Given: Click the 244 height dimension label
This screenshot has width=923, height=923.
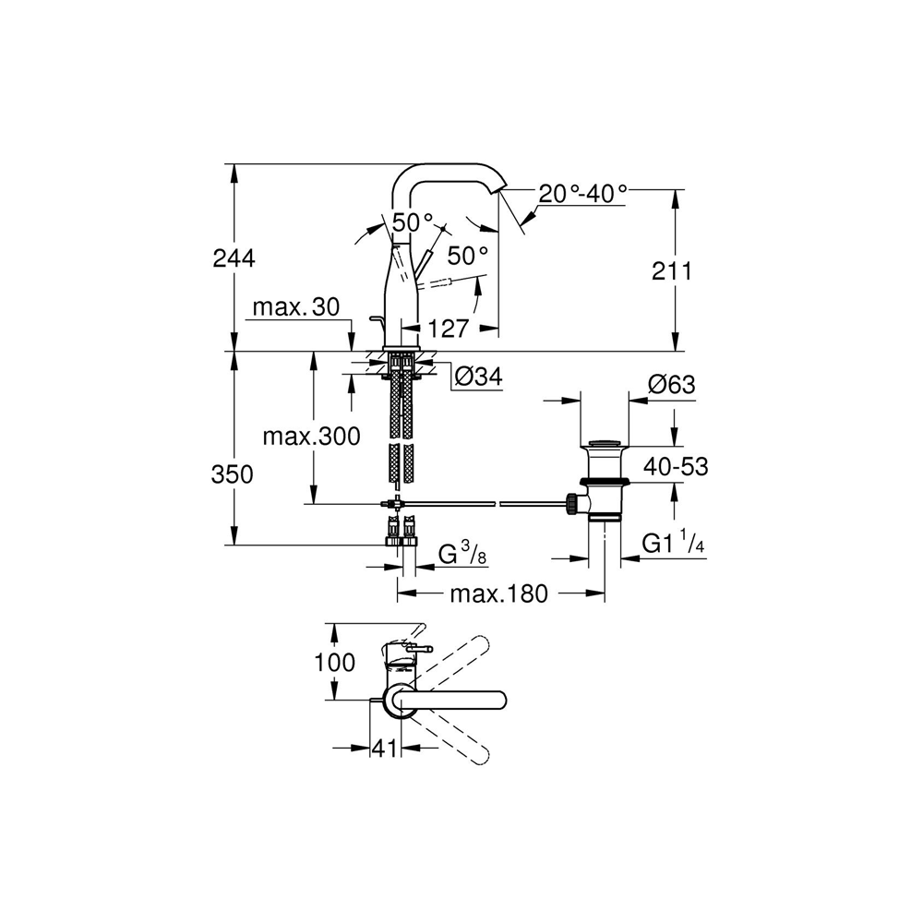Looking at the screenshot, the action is [234, 258].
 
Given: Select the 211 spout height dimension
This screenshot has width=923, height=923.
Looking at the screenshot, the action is [672, 271].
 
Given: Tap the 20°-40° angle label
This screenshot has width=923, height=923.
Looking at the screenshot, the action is [582, 194].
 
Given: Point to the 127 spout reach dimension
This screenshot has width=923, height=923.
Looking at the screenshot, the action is [448, 329].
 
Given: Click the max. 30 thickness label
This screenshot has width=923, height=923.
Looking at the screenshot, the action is [296, 306].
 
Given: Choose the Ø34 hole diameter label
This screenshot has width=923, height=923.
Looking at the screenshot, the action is [479, 377].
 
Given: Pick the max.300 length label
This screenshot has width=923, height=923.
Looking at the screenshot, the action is [311, 437].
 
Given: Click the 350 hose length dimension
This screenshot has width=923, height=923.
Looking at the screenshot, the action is [232, 473].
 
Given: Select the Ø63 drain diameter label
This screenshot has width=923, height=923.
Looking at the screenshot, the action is [672, 384].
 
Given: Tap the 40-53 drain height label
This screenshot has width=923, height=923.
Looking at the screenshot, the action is [676, 466].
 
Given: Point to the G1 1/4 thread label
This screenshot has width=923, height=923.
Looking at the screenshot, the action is [673, 542].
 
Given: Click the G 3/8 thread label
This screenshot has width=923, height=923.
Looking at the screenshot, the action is [462, 554].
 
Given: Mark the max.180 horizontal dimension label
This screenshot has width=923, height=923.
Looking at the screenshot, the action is [499, 593].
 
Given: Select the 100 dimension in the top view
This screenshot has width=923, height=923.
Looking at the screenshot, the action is [334, 662].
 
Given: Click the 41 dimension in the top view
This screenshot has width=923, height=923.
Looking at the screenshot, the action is [384, 749].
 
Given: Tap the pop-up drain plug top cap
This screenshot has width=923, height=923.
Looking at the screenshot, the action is [605, 443].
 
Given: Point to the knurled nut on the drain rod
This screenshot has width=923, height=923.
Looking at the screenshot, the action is [570, 504].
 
